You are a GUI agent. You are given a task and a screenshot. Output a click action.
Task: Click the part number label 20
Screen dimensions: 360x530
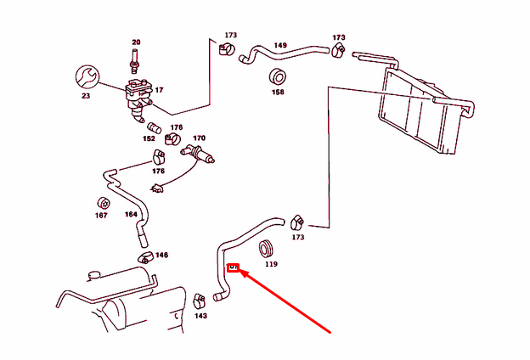[x=135, y=42]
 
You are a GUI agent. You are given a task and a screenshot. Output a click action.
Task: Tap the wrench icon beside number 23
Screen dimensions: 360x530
[x=87, y=76]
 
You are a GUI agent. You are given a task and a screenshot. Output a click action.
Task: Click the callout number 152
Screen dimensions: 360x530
[x=149, y=138]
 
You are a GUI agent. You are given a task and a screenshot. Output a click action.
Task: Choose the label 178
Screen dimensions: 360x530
[x=176, y=128]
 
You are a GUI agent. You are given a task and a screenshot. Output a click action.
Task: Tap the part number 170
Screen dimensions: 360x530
[x=199, y=138]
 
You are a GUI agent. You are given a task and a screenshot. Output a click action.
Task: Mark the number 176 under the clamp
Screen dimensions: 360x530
[x=158, y=171]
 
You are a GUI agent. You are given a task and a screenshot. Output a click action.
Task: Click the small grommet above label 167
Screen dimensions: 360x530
[x=101, y=203]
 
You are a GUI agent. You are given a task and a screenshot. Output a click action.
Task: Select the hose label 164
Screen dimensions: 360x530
[x=131, y=215]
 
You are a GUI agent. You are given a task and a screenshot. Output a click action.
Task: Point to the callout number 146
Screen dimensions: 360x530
[x=161, y=255]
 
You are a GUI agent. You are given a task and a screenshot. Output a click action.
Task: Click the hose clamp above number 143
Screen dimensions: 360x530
[x=200, y=300]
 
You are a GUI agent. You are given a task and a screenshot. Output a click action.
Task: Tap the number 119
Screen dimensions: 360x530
[x=271, y=264]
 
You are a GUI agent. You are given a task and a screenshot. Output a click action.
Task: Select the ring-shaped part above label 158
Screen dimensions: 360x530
[x=278, y=75]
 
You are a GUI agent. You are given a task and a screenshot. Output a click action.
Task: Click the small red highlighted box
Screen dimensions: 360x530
[x=234, y=267]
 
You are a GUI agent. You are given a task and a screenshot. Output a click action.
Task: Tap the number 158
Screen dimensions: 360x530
[x=278, y=91]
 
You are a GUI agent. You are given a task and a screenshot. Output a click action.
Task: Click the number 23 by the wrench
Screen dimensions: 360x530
[x=85, y=96]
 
